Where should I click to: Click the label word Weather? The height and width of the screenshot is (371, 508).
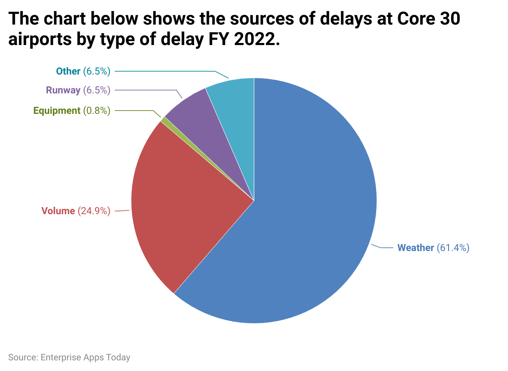point(415,248)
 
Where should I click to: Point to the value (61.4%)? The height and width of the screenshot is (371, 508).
point(453,248)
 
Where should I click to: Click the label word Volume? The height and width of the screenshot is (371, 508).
point(58,211)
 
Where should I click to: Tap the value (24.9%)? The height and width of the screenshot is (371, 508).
point(94,211)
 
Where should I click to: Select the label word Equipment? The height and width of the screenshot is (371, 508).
point(57,111)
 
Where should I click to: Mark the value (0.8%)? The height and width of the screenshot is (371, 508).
point(97,111)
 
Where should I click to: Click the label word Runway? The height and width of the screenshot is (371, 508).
point(63,90)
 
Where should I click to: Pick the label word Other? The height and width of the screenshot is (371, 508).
point(68,71)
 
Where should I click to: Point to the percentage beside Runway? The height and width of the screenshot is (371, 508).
point(97,90)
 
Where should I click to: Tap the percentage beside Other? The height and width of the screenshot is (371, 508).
point(97,71)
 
